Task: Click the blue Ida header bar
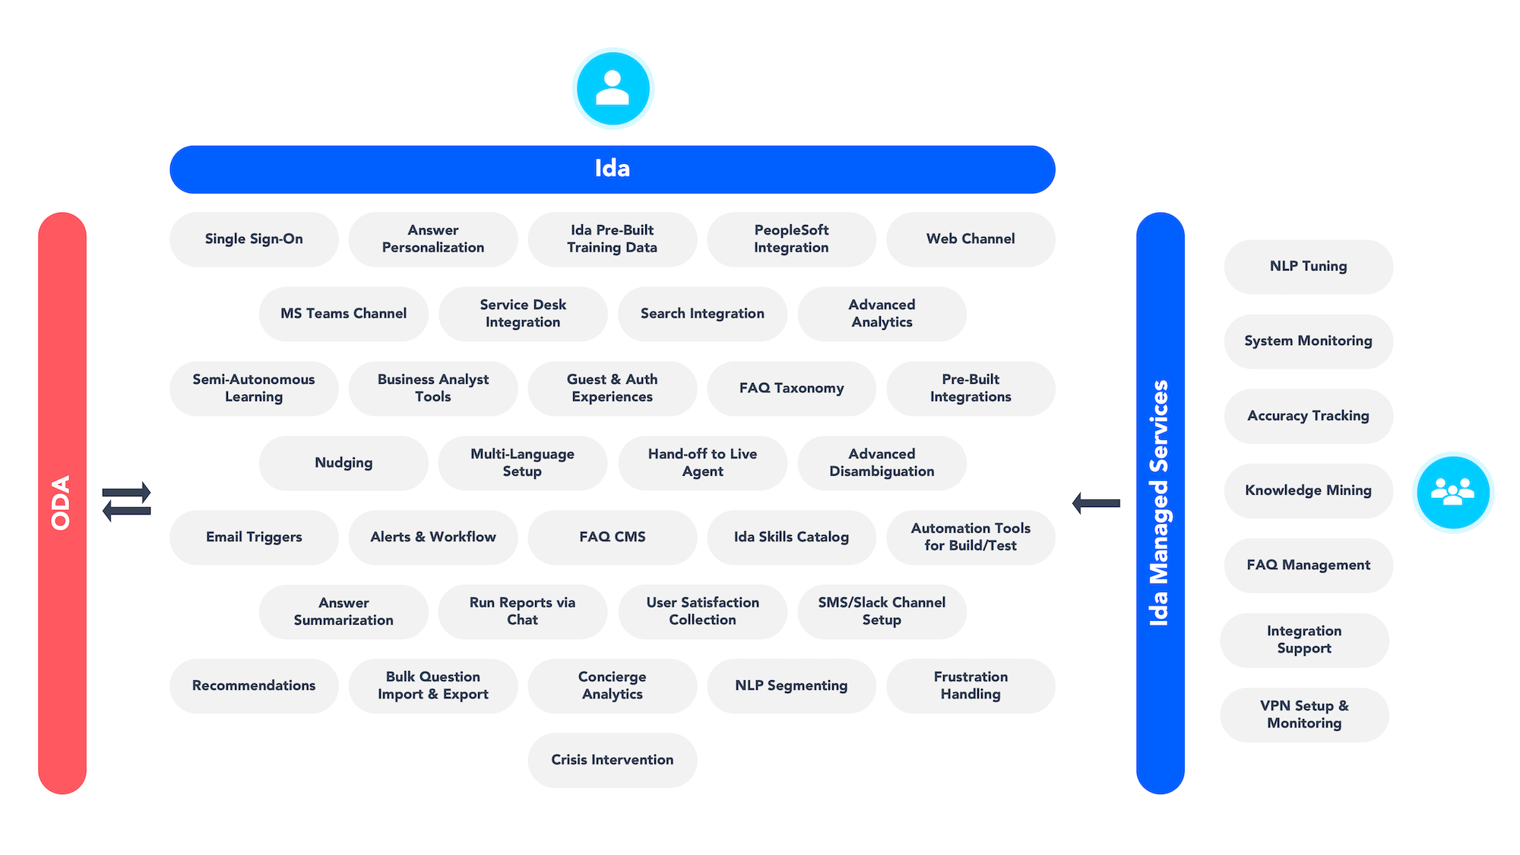[612, 169]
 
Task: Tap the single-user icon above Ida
[613, 88]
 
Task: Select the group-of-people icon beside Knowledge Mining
[1452, 492]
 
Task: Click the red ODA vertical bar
[62, 502]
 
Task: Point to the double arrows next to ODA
[126, 502]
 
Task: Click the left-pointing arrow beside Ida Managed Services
[1096, 502]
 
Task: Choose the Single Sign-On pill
[254, 239]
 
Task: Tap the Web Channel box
[971, 239]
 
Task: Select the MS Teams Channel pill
[344, 313]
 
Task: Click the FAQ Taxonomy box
[791, 388]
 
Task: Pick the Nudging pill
[344, 462]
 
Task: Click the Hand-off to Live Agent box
[702, 462]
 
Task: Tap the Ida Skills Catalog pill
[791, 537]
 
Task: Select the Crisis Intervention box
[612, 759]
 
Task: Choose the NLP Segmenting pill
[791, 686]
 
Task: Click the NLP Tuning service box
[1308, 266]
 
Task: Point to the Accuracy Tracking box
[1308, 416]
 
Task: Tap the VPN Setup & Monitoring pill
[1304, 714]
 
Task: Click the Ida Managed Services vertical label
[1160, 502]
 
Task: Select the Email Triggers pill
[254, 537]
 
